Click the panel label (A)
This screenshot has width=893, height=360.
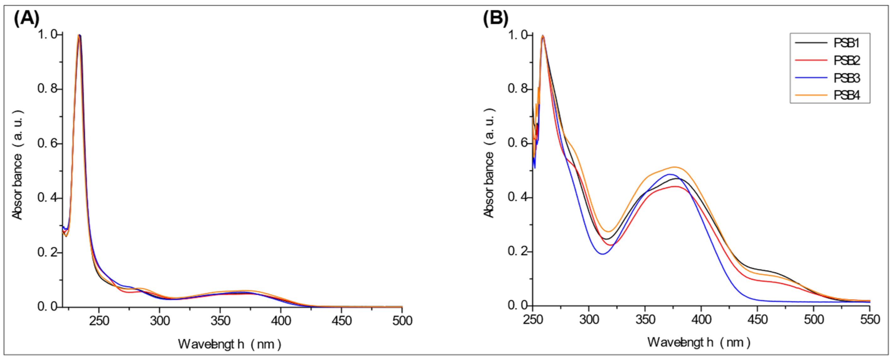click(26, 18)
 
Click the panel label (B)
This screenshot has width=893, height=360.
click(495, 18)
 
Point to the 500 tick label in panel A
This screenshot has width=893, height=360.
click(402, 321)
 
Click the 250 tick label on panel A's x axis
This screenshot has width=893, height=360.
click(99, 321)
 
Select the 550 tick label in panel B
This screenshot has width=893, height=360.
click(870, 319)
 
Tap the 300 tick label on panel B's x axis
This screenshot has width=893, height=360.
click(589, 319)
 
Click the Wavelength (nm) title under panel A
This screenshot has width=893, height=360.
click(229, 344)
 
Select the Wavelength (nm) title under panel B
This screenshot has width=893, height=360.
click(699, 342)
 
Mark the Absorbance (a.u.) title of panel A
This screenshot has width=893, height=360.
click(17, 165)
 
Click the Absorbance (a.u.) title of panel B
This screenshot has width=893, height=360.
click(489, 163)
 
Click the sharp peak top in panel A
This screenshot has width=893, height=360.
click(79, 35)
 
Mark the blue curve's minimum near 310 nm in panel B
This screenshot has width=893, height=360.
click(602, 254)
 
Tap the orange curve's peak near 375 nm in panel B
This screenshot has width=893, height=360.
click(674, 167)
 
